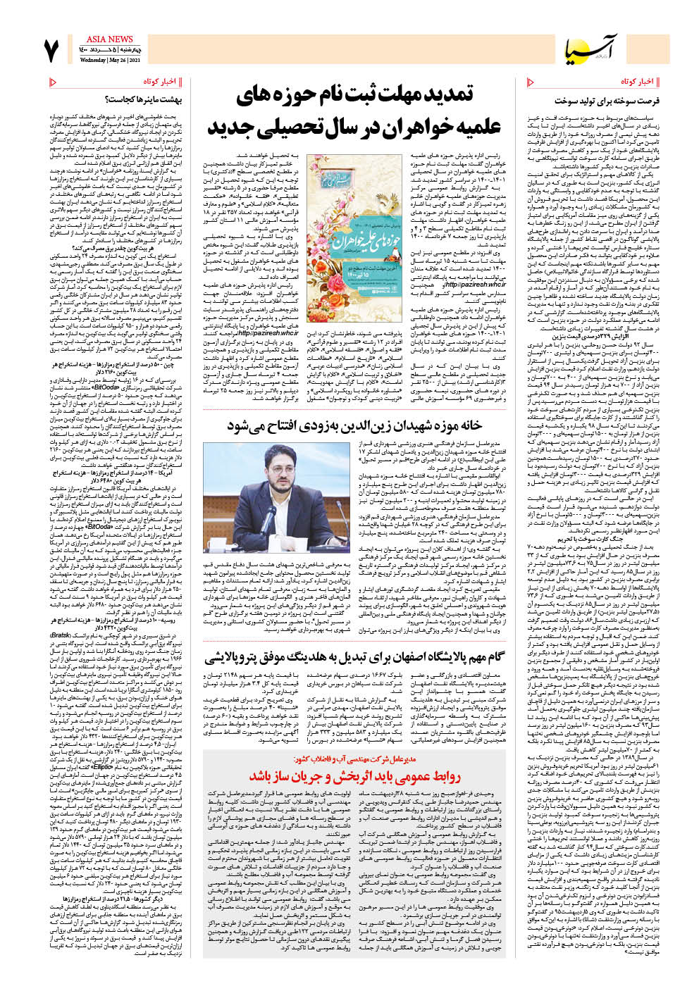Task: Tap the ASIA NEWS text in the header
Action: click(x=109, y=39)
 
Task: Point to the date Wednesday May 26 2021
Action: click(x=106, y=61)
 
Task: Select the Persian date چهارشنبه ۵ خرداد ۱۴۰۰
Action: click(x=110, y=51)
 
